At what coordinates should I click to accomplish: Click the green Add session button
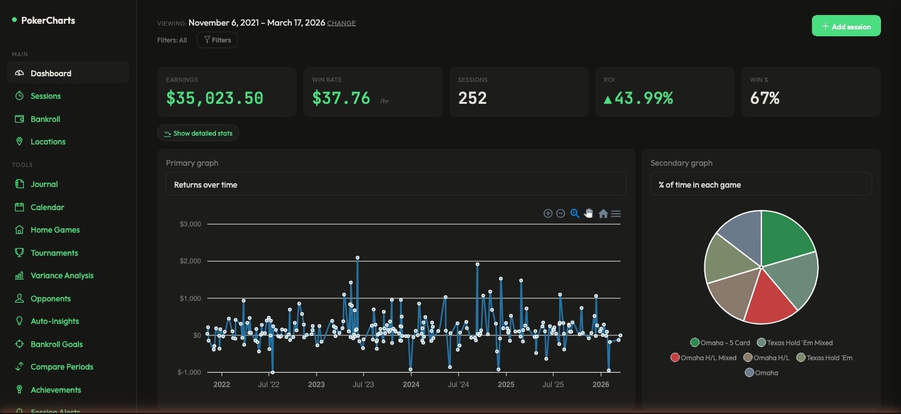(846, 26)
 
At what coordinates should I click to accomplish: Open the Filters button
(217, 40)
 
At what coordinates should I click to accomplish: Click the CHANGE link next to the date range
(341, 23)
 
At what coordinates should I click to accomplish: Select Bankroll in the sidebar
(45, 119)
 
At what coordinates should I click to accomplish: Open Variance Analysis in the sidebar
(61, 276)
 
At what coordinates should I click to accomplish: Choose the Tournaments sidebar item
(54, 253)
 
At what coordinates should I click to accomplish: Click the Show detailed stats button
(198, 133)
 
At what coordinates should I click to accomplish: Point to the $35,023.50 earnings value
(215, 98)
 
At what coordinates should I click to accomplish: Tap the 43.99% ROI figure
(638, 98)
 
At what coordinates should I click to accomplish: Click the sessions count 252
(472, 98)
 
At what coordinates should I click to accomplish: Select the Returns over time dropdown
(396, 184)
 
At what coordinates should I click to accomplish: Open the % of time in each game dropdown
(761, 184)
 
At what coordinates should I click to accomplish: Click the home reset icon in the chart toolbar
(603, 214)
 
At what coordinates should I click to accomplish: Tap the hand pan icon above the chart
(589, 214)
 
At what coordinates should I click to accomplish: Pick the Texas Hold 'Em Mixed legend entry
(795, 343)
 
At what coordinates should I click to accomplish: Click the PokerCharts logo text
(48, 21)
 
